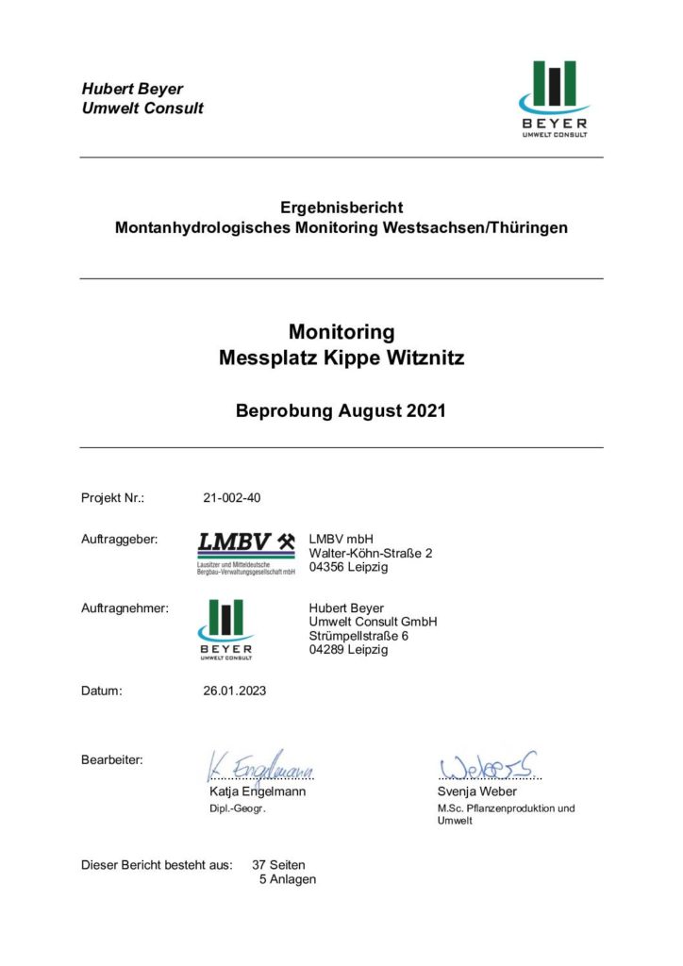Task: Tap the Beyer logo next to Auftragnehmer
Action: (225, 629)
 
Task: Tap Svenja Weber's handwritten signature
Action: (489, 764)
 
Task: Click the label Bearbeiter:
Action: (112, 759)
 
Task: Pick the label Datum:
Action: (102, 691)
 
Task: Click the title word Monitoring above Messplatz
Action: (341, 332)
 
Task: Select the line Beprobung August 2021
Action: (341, 411)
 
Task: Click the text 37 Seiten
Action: (279, 864)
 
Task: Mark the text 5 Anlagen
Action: (288, 879)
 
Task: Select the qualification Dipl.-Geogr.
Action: (237, 809)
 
